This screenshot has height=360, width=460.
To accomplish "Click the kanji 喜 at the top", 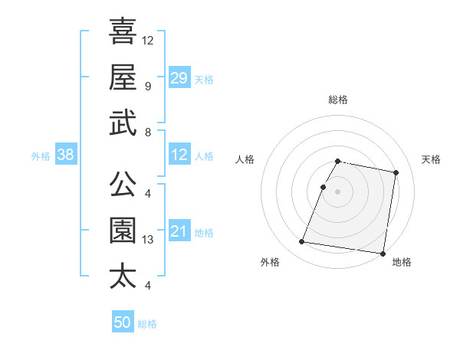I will click(x=123, y=31).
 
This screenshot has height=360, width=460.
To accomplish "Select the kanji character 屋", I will click(x=123, y=77).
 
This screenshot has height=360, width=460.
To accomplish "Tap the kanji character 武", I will click(x=123, y=123).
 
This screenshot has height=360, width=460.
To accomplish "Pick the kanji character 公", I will click(x=123, y=183).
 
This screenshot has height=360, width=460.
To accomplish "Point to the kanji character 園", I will click(x=123, y=230).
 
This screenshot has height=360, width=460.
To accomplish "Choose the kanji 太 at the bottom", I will click(x=123, y=276).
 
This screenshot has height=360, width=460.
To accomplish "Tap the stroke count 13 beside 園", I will click(x=149, y=240).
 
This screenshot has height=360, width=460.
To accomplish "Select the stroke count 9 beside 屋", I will click(x=147, y=87).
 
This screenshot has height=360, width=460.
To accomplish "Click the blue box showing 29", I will click(x=179, y=78).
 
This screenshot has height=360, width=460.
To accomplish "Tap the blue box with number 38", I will click(x=66, y=155).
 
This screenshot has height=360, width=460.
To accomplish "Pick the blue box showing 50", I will click(x=123, y=322).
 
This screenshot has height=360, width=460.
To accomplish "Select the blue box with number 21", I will click(x=179, y=231).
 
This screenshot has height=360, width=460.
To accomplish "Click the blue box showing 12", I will click(x=179, y=155).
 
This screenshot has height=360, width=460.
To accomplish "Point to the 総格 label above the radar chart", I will click(x=337, y=100).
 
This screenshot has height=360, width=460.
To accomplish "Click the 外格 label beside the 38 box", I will click(x=41, y=156).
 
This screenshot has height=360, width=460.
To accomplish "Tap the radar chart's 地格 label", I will click(x=402, y=262).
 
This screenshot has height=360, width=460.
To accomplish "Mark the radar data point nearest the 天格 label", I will click(x=396, y=173).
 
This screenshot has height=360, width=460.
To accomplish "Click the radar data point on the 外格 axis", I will click(x=301, y=242).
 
